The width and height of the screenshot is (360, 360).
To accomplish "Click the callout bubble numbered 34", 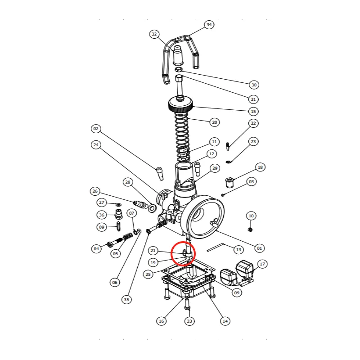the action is tap(209, 25).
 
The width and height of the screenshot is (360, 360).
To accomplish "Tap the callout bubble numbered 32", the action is tap(154, 34).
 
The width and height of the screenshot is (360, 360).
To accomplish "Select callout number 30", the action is tap(254, 85).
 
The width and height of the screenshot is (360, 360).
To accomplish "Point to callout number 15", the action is tap(253, 111).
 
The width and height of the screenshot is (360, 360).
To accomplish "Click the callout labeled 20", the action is tap(215, 122).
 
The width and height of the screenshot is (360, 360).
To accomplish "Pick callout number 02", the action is tap(96, 129).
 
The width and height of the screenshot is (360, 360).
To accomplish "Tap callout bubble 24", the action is tap(96, 144).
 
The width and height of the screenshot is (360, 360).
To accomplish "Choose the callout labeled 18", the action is tap(260, 167).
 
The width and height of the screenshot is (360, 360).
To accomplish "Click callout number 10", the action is tap(251, 216).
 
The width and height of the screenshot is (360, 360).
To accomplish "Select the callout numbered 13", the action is tap(238, 250).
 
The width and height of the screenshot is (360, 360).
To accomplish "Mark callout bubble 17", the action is tap(262, 264).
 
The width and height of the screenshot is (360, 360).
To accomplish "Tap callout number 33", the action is tap(189, 321).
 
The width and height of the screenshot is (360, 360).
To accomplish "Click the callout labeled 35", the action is tap(126, 299).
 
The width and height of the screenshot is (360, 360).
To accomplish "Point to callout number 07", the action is tap(131, 213).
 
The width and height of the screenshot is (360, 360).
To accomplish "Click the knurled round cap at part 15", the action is tap(180, 104).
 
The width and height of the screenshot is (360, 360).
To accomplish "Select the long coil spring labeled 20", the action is tap(182, 137).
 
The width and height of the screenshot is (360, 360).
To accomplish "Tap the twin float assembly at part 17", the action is tap(237, 273).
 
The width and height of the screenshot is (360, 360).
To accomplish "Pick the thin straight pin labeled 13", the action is tap(216, 247).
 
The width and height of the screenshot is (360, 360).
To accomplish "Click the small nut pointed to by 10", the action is tap(250, 229).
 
